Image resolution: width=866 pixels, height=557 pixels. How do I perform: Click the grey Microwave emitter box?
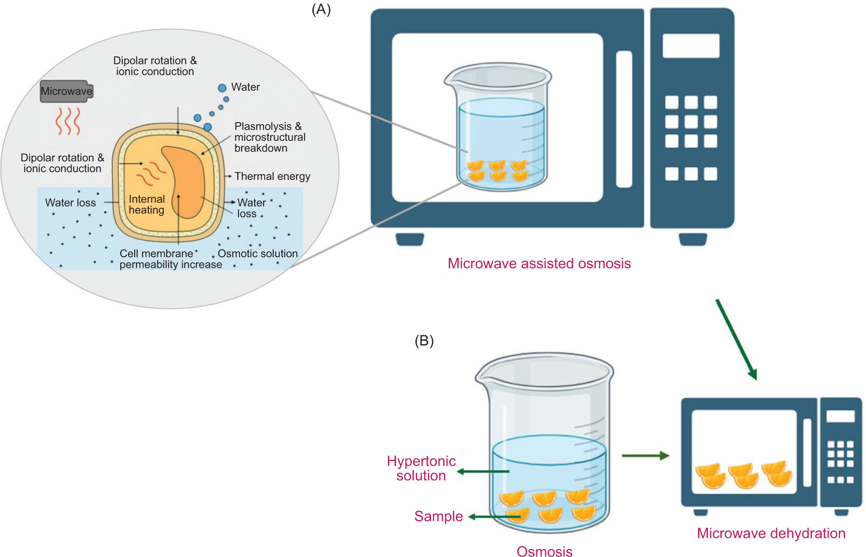[x=67, y=91]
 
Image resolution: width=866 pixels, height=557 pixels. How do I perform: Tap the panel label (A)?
[x=321, y=9]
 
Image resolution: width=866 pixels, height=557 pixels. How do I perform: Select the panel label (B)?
[x=424, y=341]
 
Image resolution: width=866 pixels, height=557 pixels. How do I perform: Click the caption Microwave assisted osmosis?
[x=539, y=263]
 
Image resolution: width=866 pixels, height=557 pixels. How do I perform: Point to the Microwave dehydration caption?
[x=771, y=533]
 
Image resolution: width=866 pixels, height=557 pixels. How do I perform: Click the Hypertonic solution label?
[x=421, y=468]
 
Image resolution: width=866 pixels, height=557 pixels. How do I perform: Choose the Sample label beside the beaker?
[x=438, y=516]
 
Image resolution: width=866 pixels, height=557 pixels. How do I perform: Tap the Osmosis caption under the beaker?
[x=544, y=551]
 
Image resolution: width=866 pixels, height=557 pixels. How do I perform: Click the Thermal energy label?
[x=272, y=176]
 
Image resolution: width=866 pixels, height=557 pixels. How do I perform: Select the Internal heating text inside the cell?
[x=147, y=204]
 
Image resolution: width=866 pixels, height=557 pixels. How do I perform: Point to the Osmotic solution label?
[x=257, y=254]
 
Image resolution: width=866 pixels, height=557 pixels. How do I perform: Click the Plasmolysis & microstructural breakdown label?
[x=270, y=137]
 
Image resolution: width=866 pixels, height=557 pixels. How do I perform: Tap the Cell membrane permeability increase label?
[x=170, y=259]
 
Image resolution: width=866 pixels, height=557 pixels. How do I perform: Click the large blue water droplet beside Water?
[x=222, y=88]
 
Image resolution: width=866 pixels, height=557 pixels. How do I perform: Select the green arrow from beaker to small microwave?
[x=645, y=456]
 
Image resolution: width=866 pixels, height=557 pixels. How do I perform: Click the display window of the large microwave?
[x=691, y=46]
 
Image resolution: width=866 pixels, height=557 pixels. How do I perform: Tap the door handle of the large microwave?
[x=624, y=119]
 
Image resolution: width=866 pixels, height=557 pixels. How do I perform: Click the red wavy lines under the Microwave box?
[x=68, y=121]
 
